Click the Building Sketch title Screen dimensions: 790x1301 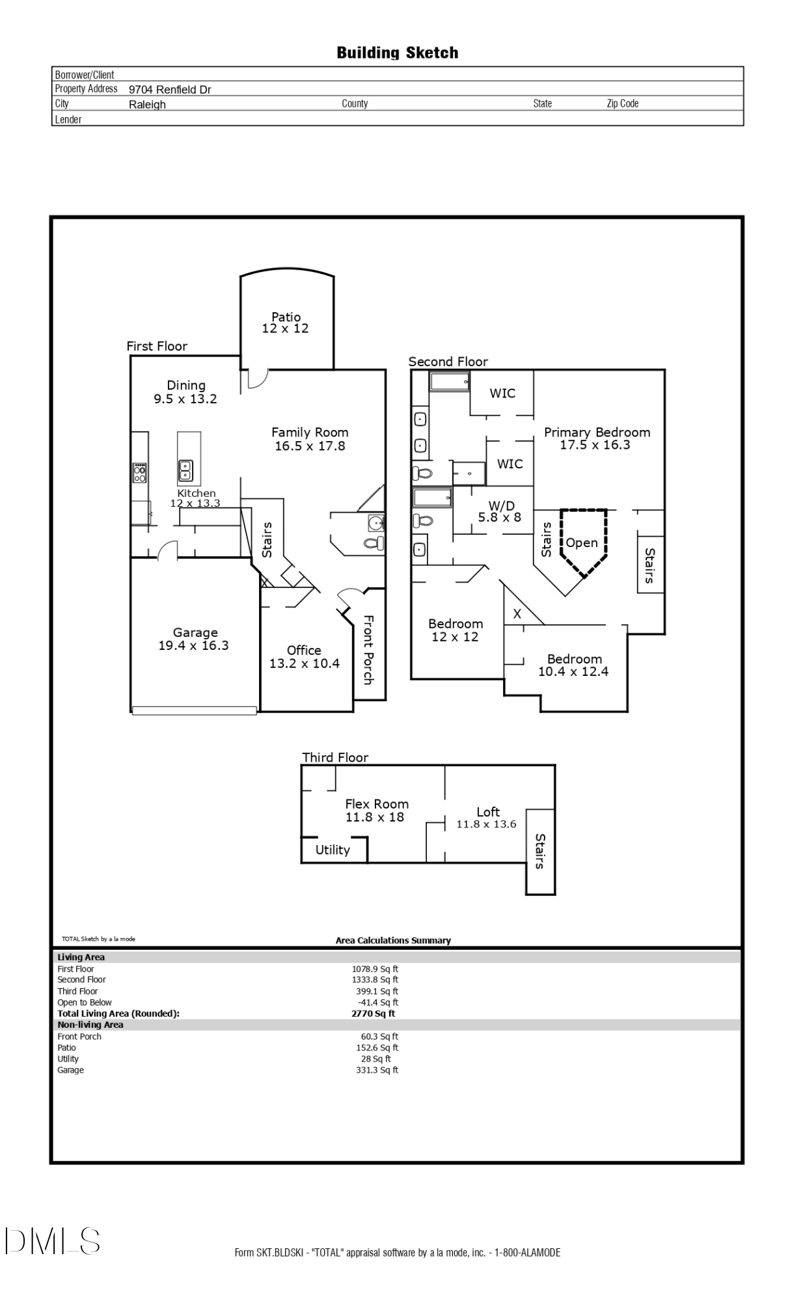(x=397, y=53)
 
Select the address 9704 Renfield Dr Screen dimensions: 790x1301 (x=170, y=90)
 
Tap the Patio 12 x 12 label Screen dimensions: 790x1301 (x=286, y=323)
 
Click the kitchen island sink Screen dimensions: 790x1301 (x=185, y=470)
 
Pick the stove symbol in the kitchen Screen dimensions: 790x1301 (x=140, y=472)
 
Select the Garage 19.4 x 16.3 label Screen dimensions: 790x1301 (x=194, y=639)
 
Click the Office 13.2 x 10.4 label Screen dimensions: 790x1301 (x=305, y=657)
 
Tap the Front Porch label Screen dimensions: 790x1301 (x=368, y=650)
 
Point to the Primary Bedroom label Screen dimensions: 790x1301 (x=597, y=438)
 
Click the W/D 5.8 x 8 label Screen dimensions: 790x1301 (x=500, y=511)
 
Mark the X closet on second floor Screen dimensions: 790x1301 (x=517, y=613)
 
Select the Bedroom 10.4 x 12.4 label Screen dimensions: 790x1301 (x=574, y=665)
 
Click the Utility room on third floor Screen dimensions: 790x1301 (x=333, y=850)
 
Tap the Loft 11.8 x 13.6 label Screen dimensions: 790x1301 (x=487, y=818)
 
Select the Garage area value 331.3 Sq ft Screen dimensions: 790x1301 (x=377, y=1070)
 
